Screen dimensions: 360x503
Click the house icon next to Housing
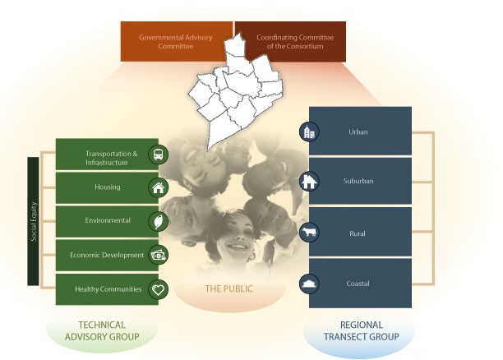[x=159, y=187]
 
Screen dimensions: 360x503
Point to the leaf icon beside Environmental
[x=159, y=221]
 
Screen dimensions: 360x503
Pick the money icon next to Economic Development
[x=159, y=255]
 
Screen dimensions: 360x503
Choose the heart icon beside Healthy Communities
[x=159, y=288]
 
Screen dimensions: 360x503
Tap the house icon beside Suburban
[x=309, y=182]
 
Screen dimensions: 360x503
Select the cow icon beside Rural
[x=309, y=233]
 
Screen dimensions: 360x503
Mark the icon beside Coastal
[x=309, y=283]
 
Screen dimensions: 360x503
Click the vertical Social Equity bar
[x=33, y=221]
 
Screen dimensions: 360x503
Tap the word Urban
[x=358, y=132]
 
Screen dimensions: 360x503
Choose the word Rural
[x=358, y=233]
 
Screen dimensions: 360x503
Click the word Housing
[x=107, y=187]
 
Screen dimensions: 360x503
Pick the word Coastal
[x=358, y=284]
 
